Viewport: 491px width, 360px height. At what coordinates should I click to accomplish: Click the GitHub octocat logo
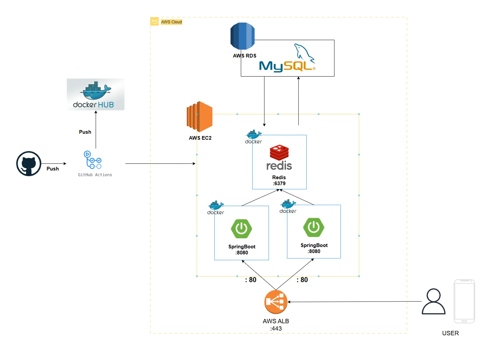pos(29,163)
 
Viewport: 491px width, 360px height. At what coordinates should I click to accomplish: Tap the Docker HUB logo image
pos(96,95)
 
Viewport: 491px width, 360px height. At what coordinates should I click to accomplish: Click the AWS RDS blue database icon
pos(242,36)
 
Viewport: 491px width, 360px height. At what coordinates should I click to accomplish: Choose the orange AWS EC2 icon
pos(200,117)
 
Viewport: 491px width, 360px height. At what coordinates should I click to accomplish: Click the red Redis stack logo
pos(279,153)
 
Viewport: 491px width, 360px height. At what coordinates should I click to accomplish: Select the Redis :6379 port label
pos(279,184)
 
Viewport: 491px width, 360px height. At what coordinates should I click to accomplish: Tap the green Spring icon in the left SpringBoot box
pos(241,229)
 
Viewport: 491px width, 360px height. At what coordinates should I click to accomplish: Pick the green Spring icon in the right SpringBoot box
pos(314,227)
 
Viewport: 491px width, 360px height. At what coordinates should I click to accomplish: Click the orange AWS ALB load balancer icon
pos(276,302)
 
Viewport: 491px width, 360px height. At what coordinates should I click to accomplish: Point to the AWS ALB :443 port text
pos(276,329)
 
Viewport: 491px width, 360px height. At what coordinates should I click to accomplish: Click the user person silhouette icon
pos(433,302)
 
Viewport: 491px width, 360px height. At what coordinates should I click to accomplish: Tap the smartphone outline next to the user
pos(464,301)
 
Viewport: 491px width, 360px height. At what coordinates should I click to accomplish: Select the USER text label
pos(450,333)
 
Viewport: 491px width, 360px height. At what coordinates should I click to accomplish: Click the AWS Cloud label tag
pos(171,22)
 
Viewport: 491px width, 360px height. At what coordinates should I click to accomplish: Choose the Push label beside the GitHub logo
pos(53,169)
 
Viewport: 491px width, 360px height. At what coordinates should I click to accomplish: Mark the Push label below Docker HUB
pos(85,132)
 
